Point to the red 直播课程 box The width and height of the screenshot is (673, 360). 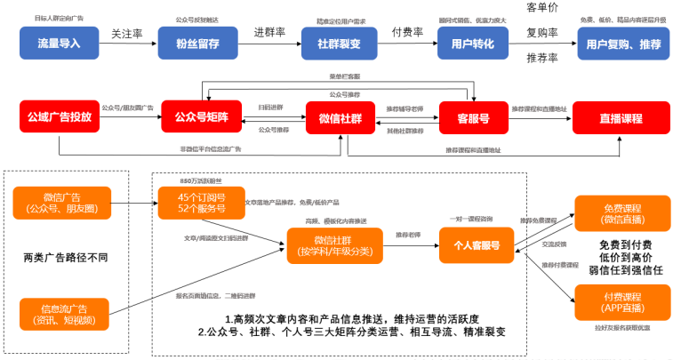(620, 117)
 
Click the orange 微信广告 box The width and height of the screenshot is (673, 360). (63, 204)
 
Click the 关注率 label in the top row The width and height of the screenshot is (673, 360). (127, 33)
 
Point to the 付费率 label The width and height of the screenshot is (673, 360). (407, 33)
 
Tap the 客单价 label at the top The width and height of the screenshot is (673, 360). (542, 8)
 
